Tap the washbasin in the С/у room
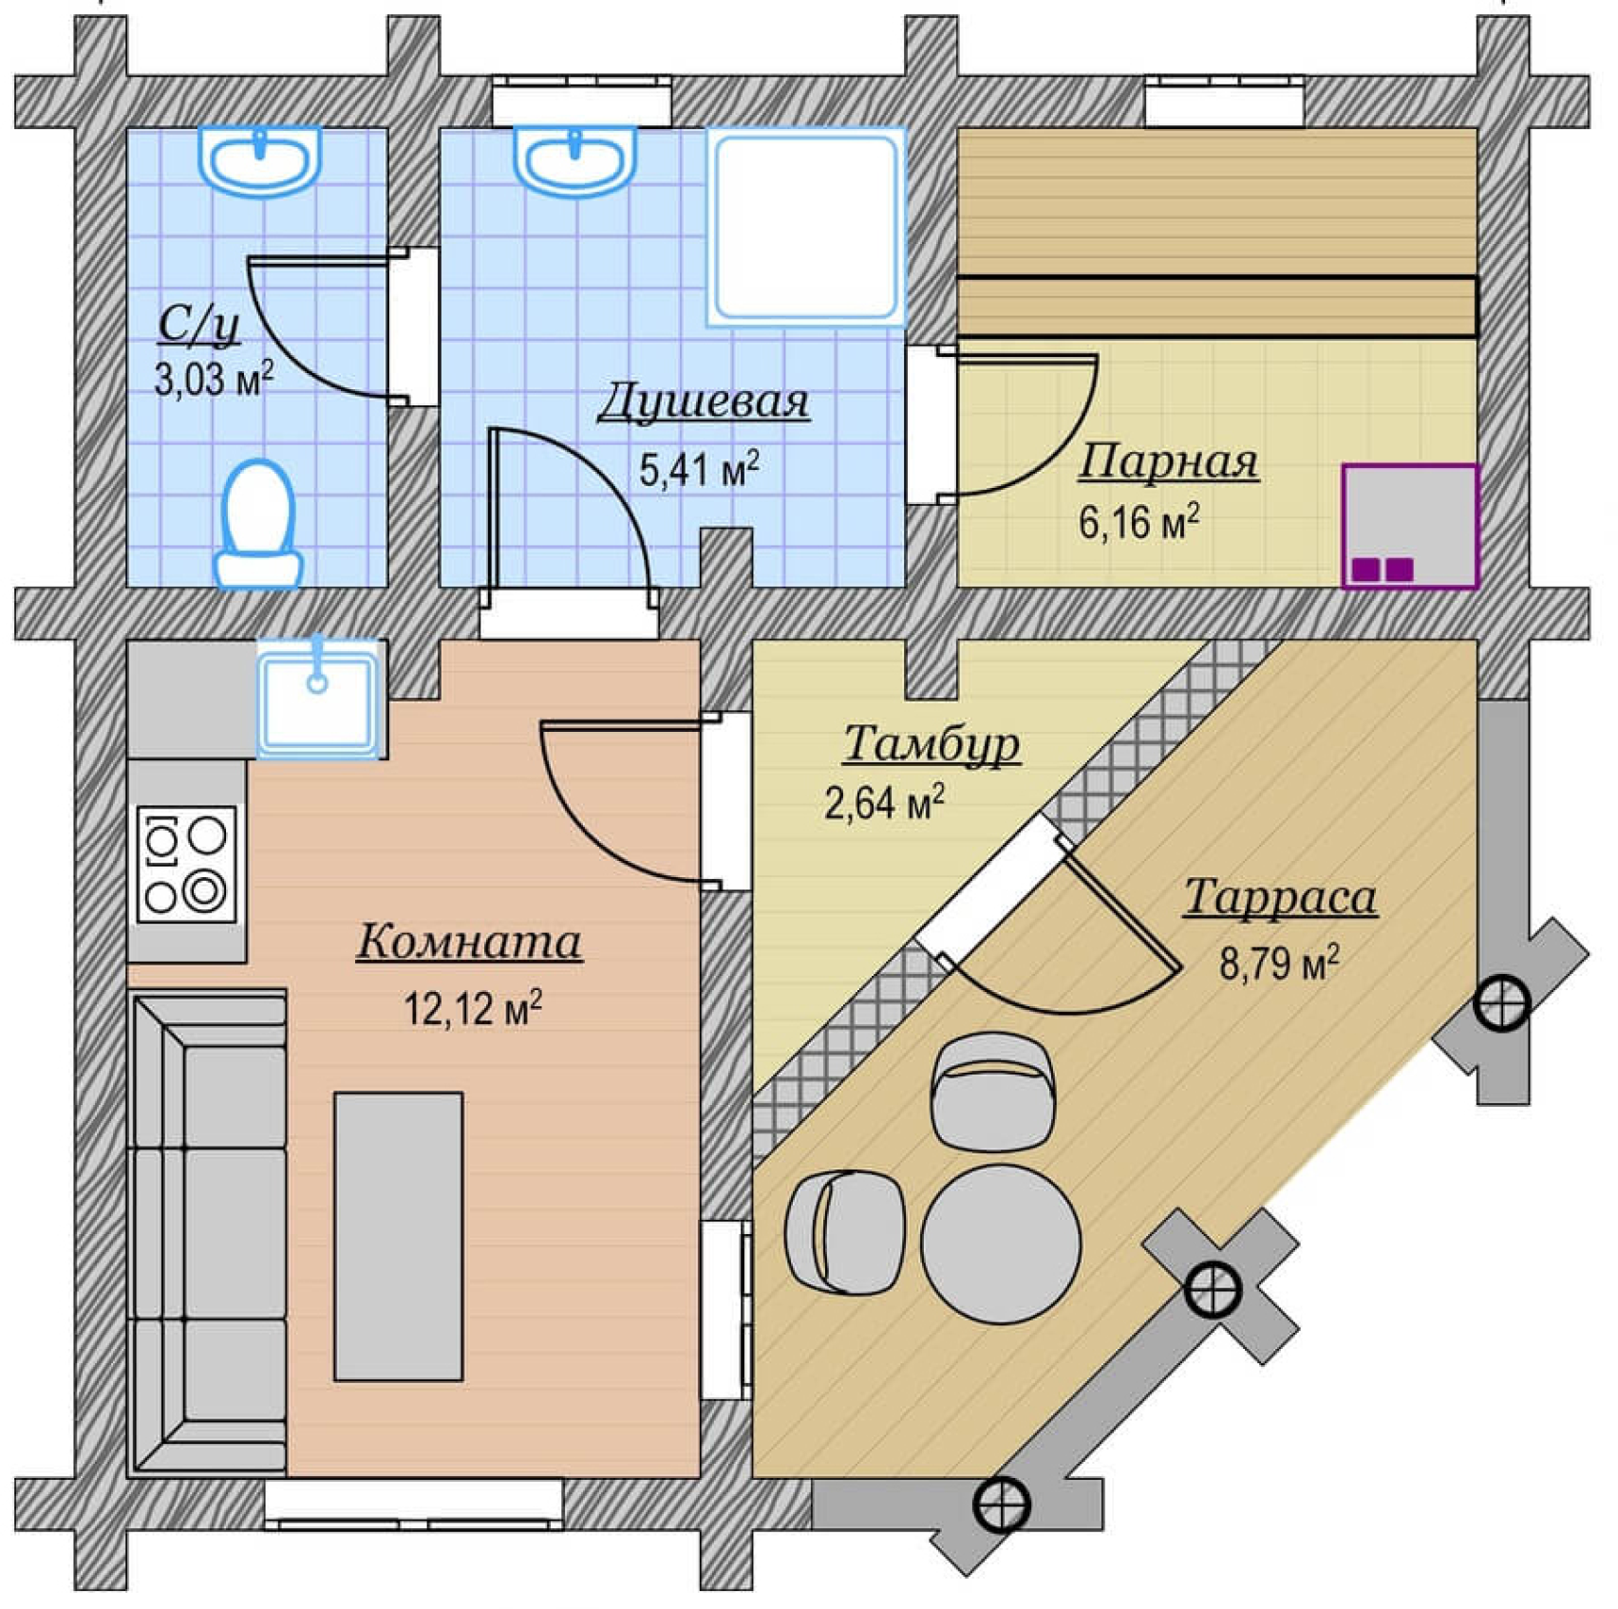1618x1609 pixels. pyautogui.click(x=259, y=160)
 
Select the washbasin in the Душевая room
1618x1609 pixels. pyautogui.click(x=574, y=160)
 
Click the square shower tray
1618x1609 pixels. pyautogui.click(x=806, y=227)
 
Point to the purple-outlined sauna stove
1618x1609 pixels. pyautogui.click(x=1410, y=526)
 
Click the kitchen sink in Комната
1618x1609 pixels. pyautogui.click(x=318, y=700)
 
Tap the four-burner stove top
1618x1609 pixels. pyautogui.click(x=186, y=864)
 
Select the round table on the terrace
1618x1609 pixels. pyautogui.click(x=1001, y=1244)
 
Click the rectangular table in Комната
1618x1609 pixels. pyautogui.click(x=398, y=1236)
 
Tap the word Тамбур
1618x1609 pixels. pyautogui.click(x=931, y=743)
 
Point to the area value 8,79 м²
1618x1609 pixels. pyautogui.click(x=1279, y=963)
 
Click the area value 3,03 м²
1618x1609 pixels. pyautogui.click(x=214, y=379)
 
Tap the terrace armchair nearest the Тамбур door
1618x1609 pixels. pyautogui.click(x=993, y=1092)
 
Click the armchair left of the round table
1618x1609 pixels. pyautogui.click(x=844, y=1232)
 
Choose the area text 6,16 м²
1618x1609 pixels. pyautogui.click(x=1138, y=521)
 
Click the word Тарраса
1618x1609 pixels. pyautogui.click(x=1280, y=897)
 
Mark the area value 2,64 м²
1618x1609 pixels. pyautogui.click(x=884, y=802)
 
